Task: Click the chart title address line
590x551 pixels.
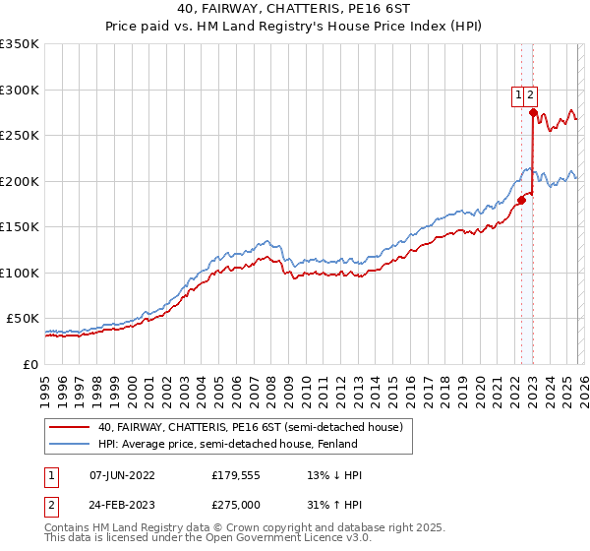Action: tap(295, 9)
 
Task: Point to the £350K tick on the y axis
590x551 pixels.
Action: tap(20, 44)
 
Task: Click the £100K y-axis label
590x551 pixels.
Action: tap(20, 273)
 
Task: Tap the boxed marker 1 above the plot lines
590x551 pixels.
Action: tap(517, 95)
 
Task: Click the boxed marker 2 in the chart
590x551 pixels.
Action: tap(530, 95)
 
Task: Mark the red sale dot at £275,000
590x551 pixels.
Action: tap(533, 113)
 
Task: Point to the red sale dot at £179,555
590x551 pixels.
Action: tap(521, 200)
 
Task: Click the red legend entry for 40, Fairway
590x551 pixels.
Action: tap(250, 427)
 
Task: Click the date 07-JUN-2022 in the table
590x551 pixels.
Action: tap(122, 475)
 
